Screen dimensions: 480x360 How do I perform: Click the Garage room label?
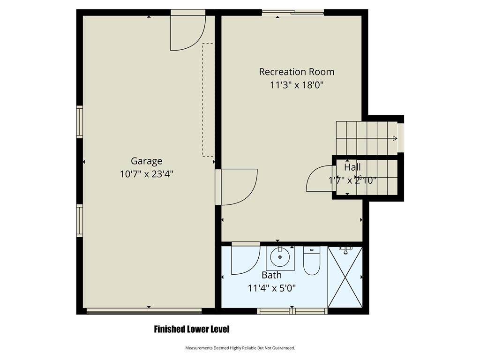pos(146,161)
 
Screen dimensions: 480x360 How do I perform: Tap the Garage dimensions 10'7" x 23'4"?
pos(147,174)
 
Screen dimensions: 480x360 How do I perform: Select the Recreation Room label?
pos(297,72)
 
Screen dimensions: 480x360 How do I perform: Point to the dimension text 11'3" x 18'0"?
pos(297,85)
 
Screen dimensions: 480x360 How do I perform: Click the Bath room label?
pos(271,275)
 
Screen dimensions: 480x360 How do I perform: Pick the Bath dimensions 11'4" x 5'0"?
pos(271,288)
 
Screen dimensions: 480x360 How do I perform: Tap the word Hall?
pos(352,167)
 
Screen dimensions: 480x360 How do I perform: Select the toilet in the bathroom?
pos(312,260)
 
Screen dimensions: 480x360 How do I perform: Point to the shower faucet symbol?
pos(345,251)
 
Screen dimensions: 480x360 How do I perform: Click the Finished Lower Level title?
pos(192,330)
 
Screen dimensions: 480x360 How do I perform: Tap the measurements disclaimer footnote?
pos(240,348)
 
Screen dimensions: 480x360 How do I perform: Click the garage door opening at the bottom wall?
pos(144,311)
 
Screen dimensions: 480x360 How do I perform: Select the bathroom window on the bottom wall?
pos(292,311)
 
